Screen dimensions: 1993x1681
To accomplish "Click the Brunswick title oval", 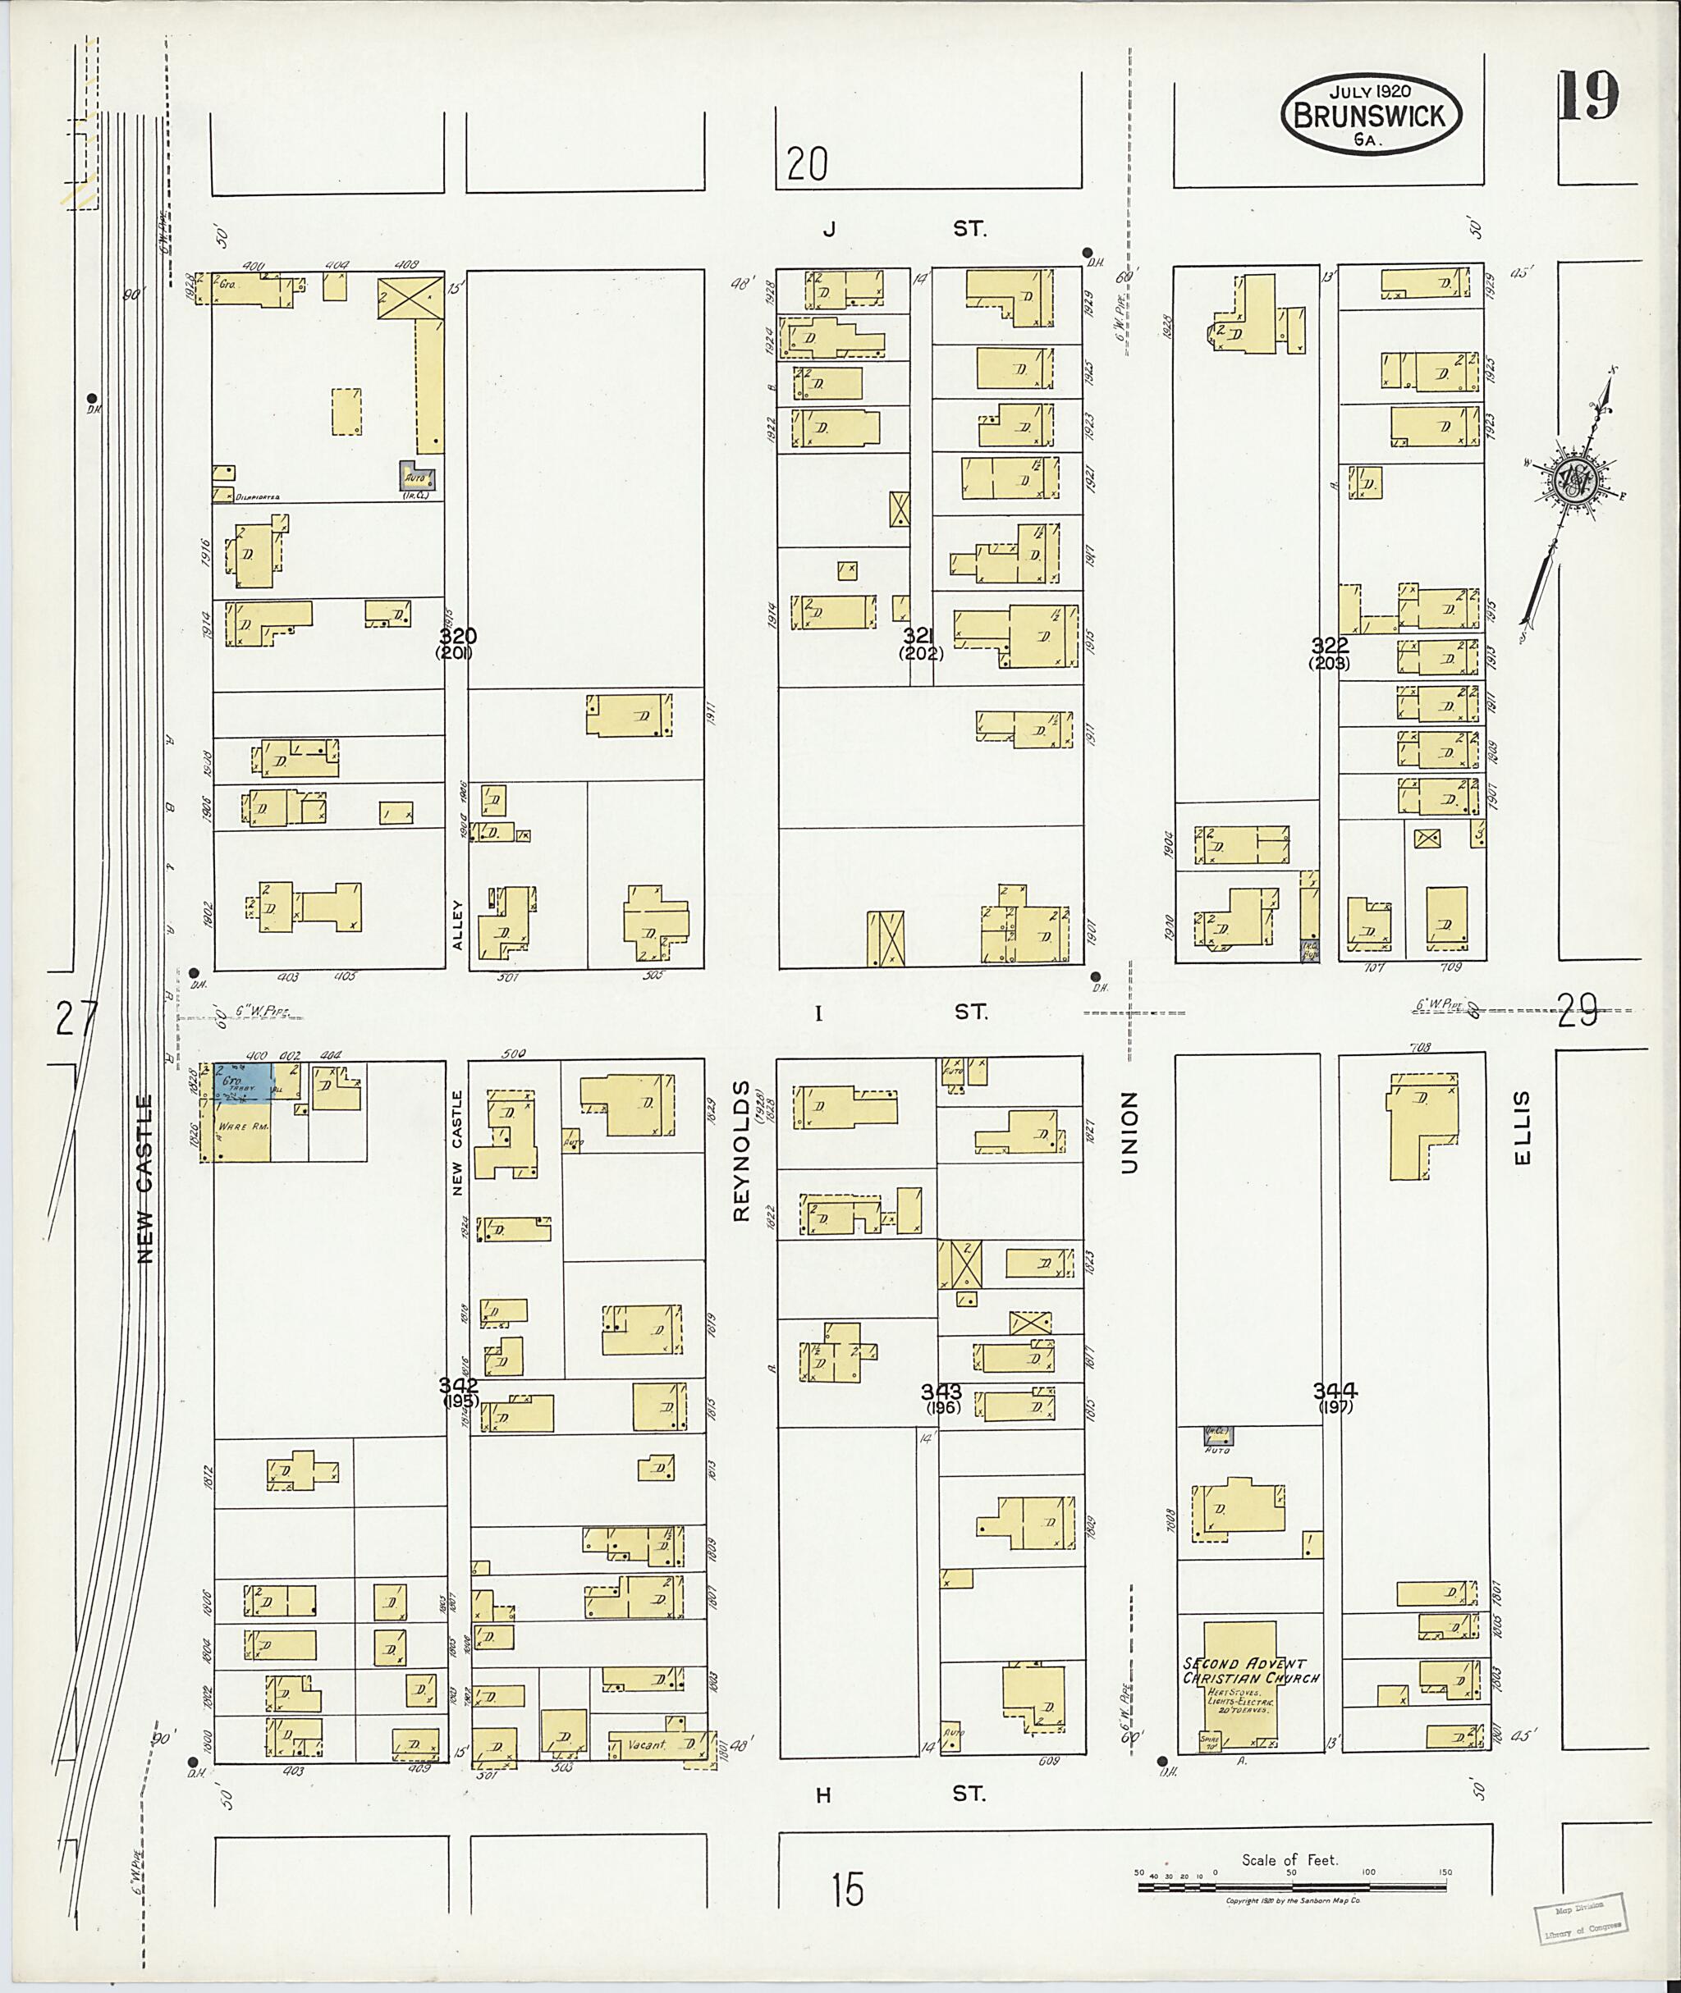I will pyautogui.click(x=1371, y=114).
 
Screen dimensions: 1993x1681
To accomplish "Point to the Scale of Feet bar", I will pyautogui.click(x=1292, y=1887).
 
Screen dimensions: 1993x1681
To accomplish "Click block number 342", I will pyautogui.click(x=458, y=1384).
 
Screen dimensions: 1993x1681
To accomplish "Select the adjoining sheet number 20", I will pyautogui.click(x=807, y=165).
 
